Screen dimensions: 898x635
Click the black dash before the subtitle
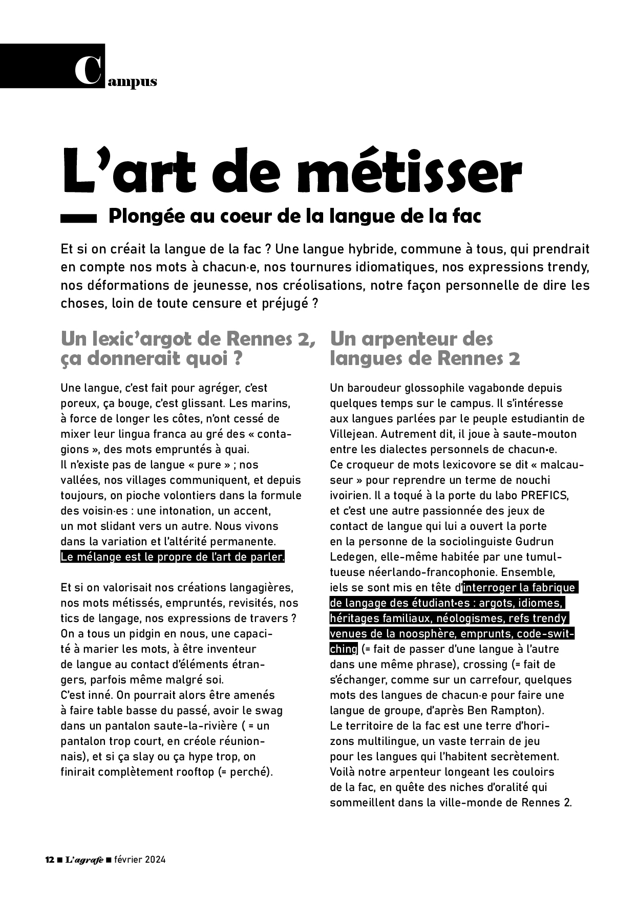78,218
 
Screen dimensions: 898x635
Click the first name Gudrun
537,542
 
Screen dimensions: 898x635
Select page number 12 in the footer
50,860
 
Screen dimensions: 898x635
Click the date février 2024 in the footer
139,860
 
